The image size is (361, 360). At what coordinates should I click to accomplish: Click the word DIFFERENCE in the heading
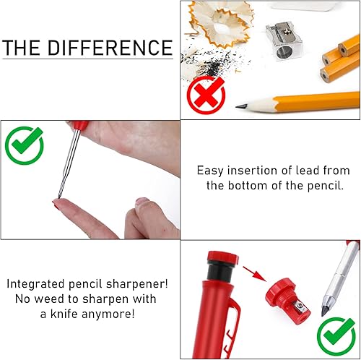pyautogui.click(x=110, y=48)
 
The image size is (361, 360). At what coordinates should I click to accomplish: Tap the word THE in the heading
pyautogui.click(x=21, y=48)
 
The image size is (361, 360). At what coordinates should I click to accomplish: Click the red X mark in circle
pyautogui.click(x=206, y=95)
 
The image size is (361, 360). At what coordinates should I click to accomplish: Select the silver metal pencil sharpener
pyautogui.click(x=284, y=40)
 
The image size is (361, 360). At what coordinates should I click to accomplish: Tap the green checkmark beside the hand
pyautogui.click(x=24, y=145)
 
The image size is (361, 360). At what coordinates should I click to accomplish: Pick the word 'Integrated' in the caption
pyautogui.click(x=36, y=284)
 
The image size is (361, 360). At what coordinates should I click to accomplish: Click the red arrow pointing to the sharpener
pyautogui.click(x=254, y=274)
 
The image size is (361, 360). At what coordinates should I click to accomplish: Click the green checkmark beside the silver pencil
pyautogui.click(x=336, y=337)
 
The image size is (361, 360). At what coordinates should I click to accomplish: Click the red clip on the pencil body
pyautogui.click(x=233, y=327)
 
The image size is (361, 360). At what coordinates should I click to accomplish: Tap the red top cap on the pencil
pyautogui.click(x=222, y=257)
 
